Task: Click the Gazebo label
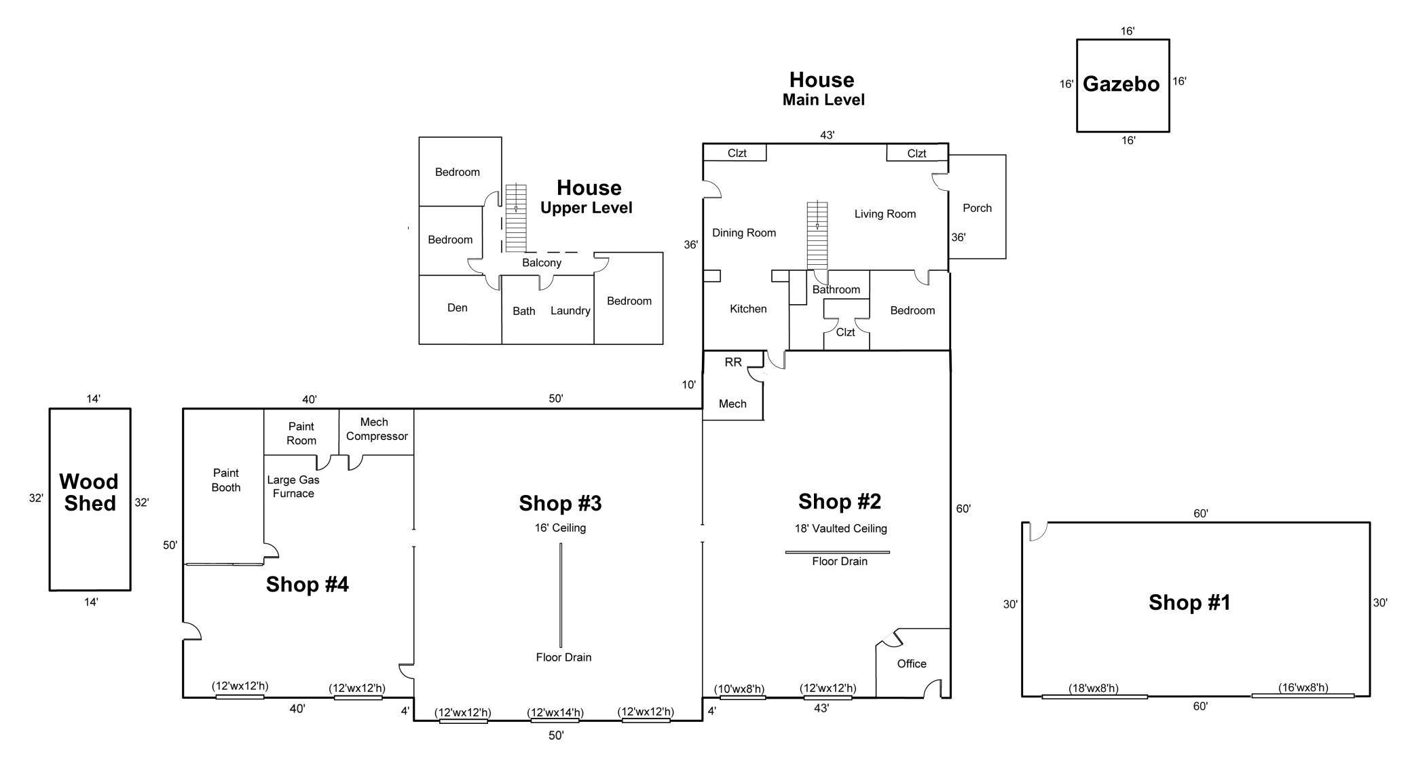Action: (x=1121, y=84)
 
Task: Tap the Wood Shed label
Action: (x=89, y=492)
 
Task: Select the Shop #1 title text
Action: (x=1189, y=602)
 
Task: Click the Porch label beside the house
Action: (x=977, y=208)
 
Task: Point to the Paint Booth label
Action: (x=226, y=480)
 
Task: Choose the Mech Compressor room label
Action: (x=377, y=429)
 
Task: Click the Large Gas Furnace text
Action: (x=293, y=486)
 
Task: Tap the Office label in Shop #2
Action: (x=912, y=663)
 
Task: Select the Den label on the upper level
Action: (x=458, y=308)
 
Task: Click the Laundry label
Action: (x=570, y=310)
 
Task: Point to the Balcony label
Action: (x=542, y=263)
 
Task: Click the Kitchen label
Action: (x=748, y=308)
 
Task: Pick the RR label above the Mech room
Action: (x=733, y=362)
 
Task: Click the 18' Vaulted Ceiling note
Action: (x=841, y=528)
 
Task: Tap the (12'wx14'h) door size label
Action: (x=556, y=712)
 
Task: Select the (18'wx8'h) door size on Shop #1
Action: (x=1094, y=688)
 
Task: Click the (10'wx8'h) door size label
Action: (x=739, y=689)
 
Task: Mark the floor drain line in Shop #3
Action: (x=561, y=596)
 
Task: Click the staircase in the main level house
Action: (x=817, y=235)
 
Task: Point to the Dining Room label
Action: (x=744, y=233)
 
